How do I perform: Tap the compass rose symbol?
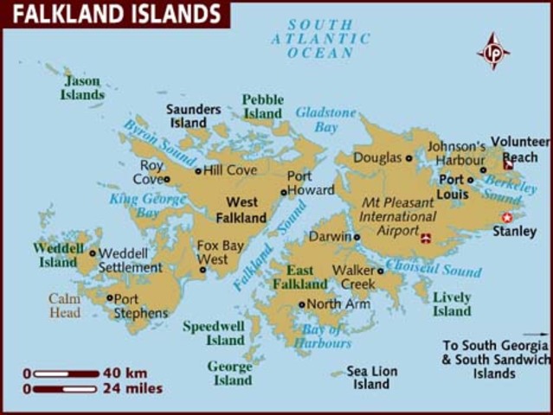(x=493, y=51)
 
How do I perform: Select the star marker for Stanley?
(x=507, y=217)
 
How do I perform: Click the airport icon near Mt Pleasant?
(x=425, y=237)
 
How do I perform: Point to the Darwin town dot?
(x=357, y=236)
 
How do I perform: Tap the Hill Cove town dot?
(x=198, y=171)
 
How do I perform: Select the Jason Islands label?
(x=82, y=87)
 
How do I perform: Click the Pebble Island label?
(x=262, y=106)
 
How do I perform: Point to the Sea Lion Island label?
(x=372, y=377)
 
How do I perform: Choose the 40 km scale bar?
(x=66, y=373)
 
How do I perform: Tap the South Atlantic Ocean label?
(x=319, y=39)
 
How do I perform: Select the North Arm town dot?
(x=301, y=304)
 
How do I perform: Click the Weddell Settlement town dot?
(x=93, y=253)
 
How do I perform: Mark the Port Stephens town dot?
(x=109, y=298)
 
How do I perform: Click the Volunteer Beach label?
(x=519, y=149)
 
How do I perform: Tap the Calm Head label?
(x=64, y=305)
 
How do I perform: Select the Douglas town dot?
(x=408, y=158)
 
